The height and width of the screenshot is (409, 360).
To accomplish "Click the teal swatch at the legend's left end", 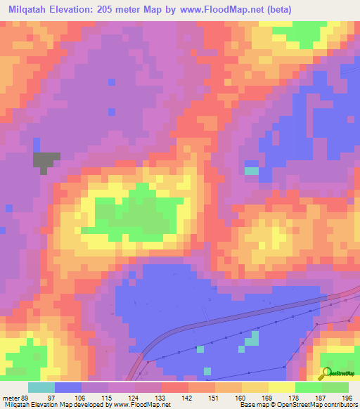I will (41, 388).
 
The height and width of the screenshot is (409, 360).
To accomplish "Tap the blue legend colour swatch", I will (68, 388).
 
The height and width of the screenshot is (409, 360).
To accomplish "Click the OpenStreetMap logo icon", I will (326, 372).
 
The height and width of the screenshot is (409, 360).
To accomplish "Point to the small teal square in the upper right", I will (251, 171).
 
